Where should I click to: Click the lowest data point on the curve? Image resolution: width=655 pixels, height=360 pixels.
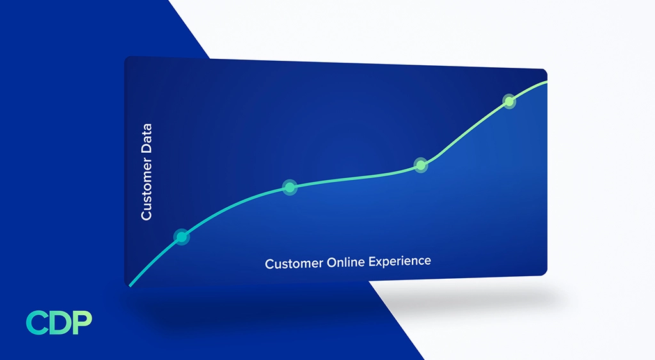click(182, 237)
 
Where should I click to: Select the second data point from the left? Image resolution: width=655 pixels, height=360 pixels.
click(290, 187)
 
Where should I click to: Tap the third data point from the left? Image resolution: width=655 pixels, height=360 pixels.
click(420, 165)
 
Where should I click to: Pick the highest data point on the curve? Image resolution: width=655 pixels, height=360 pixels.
click(509, 101)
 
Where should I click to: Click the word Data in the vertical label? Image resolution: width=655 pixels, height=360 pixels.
click(146, 139)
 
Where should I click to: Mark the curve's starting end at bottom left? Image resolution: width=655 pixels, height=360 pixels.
click(130, 285)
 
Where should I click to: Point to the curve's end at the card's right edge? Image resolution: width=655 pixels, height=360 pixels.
click(546, 82)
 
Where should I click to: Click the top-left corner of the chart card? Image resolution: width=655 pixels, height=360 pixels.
click(126, 58)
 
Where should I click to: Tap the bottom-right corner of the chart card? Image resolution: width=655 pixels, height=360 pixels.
click(545, 274)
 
